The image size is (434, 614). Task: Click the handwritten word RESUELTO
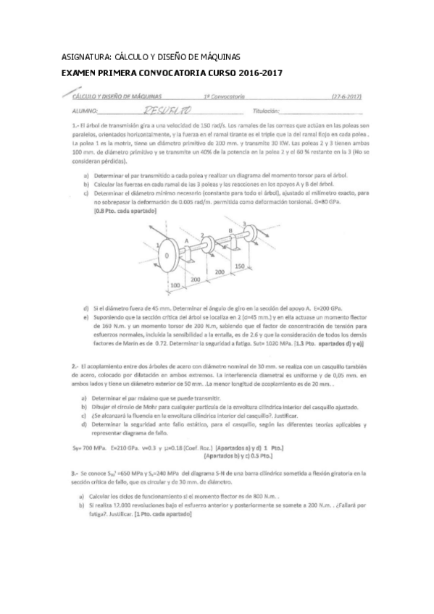[167, 109]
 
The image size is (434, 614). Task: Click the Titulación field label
[265, 110]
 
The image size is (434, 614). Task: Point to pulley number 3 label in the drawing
[245, 223]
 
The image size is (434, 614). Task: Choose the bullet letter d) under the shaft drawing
[87, 308]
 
